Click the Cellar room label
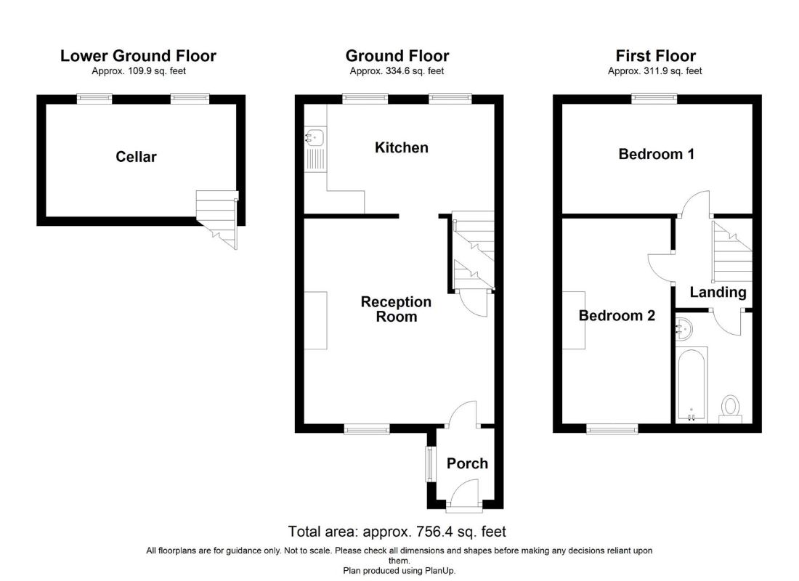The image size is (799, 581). [136, 156]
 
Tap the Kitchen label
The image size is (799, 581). [402, 147]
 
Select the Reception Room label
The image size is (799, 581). [396, 309]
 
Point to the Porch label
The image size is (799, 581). [467, 463]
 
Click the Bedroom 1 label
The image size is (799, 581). [657, 154]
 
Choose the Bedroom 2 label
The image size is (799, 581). [617, 315]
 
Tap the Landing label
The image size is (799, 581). [718, 292]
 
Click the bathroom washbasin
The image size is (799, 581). [684, 329]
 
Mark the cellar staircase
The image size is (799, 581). [218, 219]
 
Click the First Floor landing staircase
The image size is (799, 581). [732, 251]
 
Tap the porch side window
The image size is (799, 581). [431, 464]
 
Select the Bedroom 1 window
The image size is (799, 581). [654, 98]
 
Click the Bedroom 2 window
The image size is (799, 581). [612, 429]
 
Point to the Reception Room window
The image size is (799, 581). [367, 429]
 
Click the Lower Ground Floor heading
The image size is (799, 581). [138, 55]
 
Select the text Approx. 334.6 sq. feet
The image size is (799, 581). [397, 71]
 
